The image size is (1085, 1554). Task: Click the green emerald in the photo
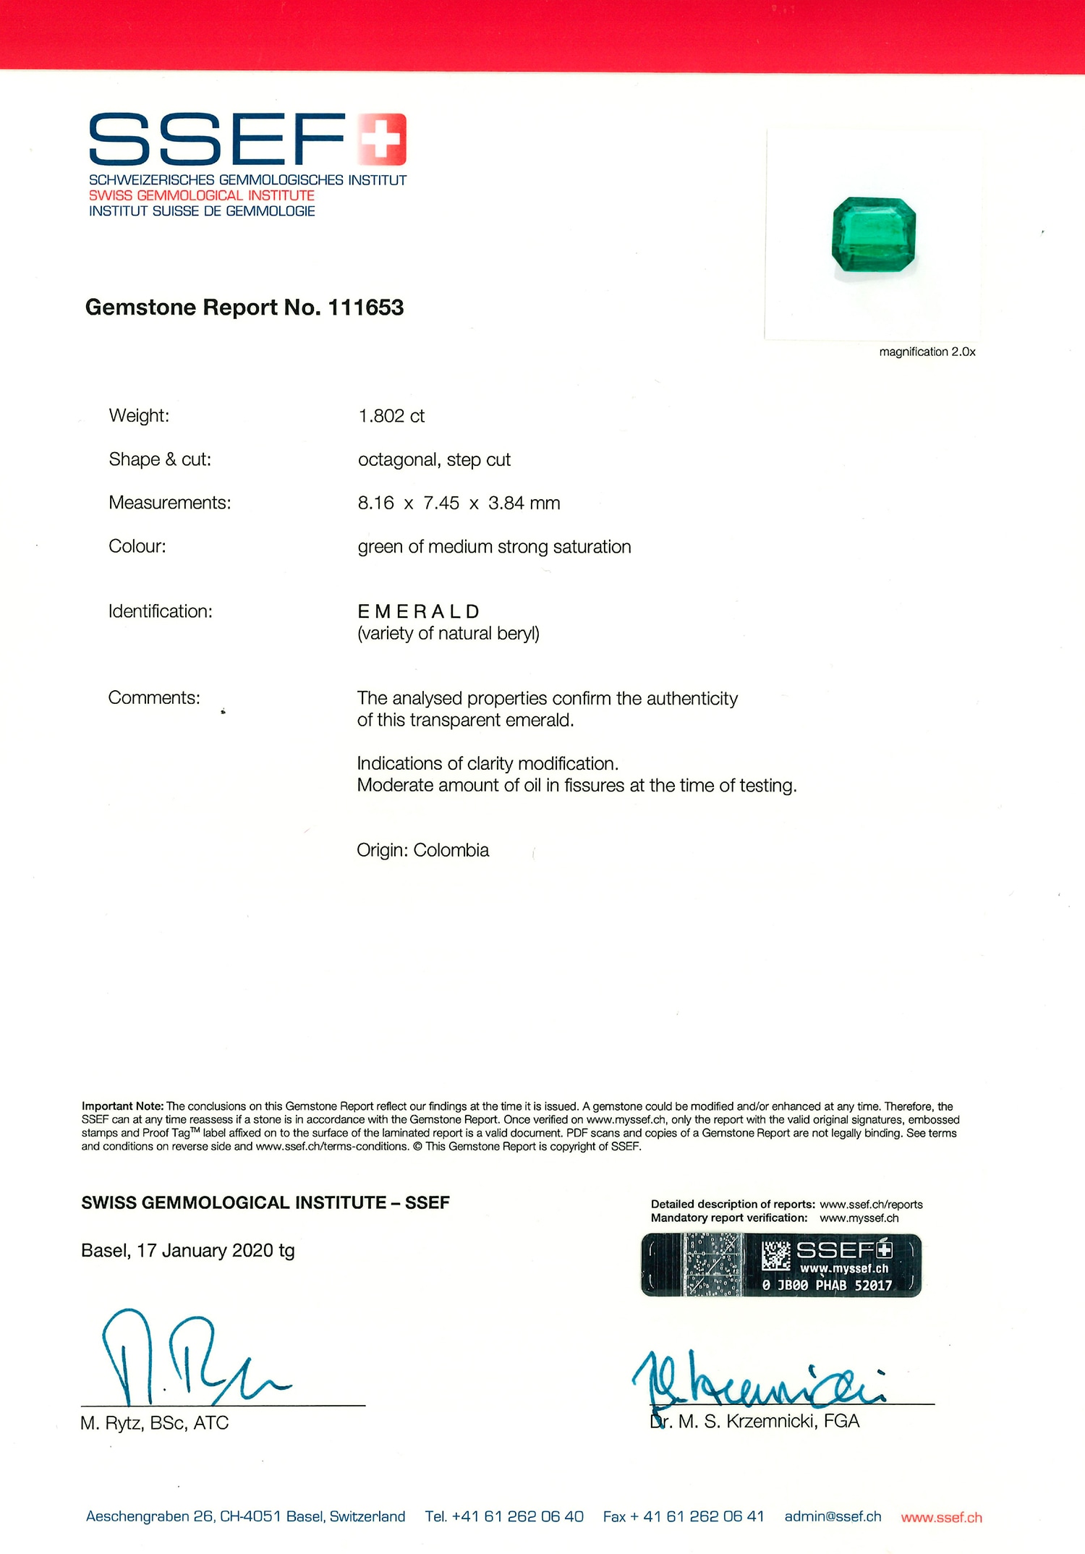[x=874, y=234]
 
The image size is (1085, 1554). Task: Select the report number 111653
[x=366, y=307]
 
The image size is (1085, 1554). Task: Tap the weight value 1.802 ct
[x=391, y=416]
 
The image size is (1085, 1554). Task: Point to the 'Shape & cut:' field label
[x=160, y=459]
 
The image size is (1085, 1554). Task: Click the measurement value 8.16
[x=375, y=503]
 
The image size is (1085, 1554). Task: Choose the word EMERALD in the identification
[x=419, y=611]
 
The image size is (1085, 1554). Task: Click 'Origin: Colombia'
[x=422, y=850]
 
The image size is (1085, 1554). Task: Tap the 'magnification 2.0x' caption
[x=927, y=352]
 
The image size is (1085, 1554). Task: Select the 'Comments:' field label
[x=154, y=697]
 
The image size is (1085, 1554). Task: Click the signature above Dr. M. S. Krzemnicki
[x=756, y=1378]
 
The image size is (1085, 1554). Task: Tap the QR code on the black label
[x=776, y=1255]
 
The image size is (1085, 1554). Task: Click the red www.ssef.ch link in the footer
[x=941, y=1517]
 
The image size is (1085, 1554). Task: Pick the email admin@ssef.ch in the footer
[x=833, y=1516]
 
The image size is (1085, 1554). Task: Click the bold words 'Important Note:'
[x=122, y=1106]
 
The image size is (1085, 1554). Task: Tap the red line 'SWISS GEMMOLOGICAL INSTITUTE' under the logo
[x=202, y=195]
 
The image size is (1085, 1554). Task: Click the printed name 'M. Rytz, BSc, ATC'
[x=154, y=1423]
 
